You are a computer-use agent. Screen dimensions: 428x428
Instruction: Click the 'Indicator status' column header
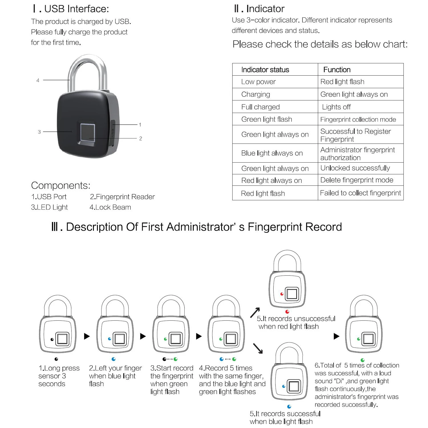[265, 70]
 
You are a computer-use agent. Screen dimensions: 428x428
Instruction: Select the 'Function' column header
[337, 70]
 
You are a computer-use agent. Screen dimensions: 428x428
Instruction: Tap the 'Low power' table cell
[258, 82]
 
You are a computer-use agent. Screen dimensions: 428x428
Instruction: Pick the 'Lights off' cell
[336, 107]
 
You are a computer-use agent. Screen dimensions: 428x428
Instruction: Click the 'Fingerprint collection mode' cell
[358, 120]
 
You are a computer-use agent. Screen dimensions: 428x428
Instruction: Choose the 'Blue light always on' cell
[272, 153]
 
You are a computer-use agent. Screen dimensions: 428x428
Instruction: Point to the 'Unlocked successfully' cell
[355, 168]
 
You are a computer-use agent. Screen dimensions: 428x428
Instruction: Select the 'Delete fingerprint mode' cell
[357, 180]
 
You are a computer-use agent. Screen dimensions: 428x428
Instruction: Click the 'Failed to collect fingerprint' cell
[360, 193]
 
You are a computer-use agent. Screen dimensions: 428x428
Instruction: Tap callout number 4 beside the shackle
[38, 80]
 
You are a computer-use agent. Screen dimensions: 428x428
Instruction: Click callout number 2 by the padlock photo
[140, 139]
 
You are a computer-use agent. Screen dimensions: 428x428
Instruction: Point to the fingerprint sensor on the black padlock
[87, 132]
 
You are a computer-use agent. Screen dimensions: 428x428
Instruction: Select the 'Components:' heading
[60, 185]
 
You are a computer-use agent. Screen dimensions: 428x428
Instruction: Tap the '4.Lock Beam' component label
[110, 207]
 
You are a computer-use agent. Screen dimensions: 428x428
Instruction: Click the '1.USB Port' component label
[49, 197]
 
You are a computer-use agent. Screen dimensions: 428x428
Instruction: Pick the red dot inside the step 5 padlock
[282, 294]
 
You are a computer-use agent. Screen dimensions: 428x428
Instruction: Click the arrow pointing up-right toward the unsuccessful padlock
[255, 312]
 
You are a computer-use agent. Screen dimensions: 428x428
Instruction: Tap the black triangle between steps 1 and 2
[87, 336]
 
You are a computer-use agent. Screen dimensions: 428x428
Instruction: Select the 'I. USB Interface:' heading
[71, 9]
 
